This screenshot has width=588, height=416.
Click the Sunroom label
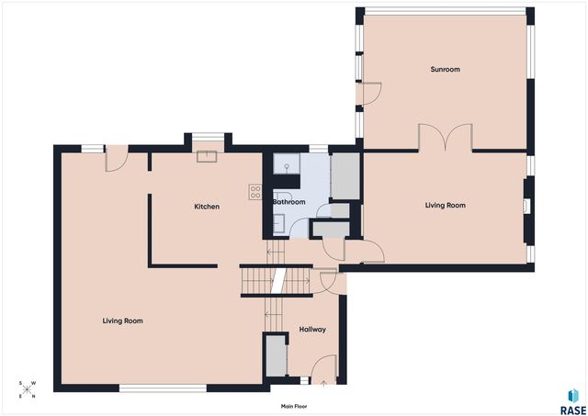pyautogui.click(x=445, y=70)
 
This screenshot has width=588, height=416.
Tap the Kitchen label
pyautogui.click(x=207, y=207)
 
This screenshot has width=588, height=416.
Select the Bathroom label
pyautogui.click(x=288, y=202)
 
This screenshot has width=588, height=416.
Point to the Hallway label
pyautogui.click(x=312, y=330)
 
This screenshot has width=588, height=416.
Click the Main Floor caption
pyautogui.click(x=294, y=406)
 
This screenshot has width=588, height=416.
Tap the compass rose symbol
pyautogui.click(x=28, y=389)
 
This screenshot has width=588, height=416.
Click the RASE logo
pyautogui.click(x=573, y=401)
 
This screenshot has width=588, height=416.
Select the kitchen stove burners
pyautogui.click(x=255, y=192)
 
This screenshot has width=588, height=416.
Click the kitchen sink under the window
pyautogui.click(x=207, y=156)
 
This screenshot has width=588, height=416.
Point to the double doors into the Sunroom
pyautogui.click(x=445, y=137)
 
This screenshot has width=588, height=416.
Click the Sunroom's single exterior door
pyautogui.click(x=368, y=94)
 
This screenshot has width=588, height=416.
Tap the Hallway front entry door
pyautogui.click(x=324, y=369)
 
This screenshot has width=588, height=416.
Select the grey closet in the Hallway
pyautogui.click(x=277, y=355)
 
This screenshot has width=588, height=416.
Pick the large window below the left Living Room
pyautogui.click(x=163, y=388)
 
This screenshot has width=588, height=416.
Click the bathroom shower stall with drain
pyautogui.click(x=287, y=163)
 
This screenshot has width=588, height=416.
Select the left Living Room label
pyautogui.click(x=122, y=320)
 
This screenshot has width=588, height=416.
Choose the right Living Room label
pyautogui.click(x=445, y=206)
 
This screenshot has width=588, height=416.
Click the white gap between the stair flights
pyautogui.click(x=278, y=280)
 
